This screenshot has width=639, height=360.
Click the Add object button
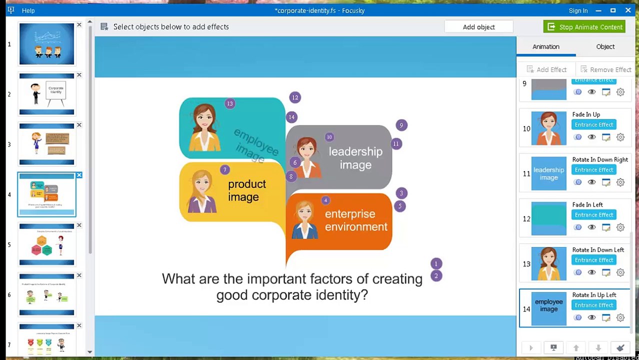click(478, 27)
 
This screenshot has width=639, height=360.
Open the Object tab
click(605, 46)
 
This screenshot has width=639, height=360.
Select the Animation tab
click(545, 46)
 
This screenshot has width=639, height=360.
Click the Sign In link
click(578, 10)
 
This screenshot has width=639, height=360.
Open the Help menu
click(28, 10)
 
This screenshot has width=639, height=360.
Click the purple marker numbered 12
click(295, 97)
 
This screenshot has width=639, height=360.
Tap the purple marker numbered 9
click(401, 125)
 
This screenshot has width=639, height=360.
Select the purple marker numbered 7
click(224, 170)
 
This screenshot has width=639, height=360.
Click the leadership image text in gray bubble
click(355, 158)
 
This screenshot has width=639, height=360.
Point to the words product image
click(246, 190)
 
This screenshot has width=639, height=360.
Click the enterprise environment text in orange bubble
click(356, 220)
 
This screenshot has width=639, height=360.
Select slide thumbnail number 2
click(46, 94)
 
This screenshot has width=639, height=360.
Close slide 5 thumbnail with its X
click(79, 225)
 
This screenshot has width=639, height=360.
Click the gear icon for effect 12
click(620, 227)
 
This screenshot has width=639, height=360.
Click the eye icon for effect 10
click(591, 137)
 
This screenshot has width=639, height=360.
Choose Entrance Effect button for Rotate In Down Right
click(593, 170)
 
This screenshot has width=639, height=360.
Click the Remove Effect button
click(605, 69)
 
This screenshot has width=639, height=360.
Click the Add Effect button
click(546, 69)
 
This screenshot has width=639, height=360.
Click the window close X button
click(628, 10)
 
